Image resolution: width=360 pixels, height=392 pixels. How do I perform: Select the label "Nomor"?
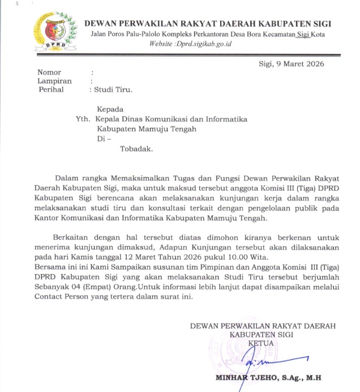point(49,72)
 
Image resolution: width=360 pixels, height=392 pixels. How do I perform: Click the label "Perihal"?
point(50,90)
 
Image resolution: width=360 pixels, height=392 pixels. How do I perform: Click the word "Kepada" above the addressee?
point(110,109)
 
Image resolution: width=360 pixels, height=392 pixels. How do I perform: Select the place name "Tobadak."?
point(136,150)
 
